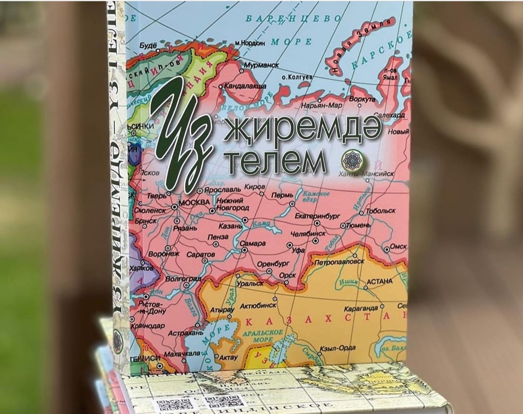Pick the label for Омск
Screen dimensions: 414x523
point(399,246)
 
